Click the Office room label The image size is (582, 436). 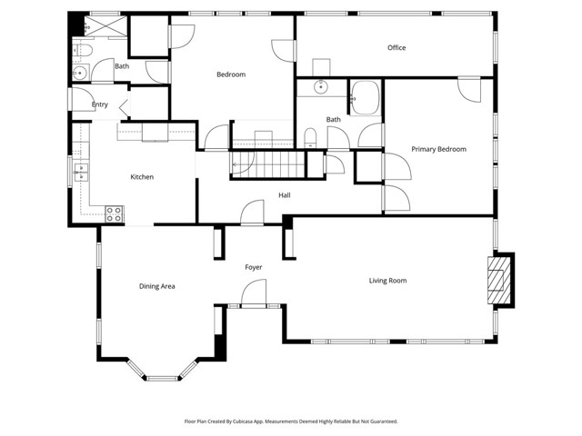(x=396, y=47)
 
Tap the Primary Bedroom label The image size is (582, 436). (x=438, y=149)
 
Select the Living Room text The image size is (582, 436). (x=387, y=281)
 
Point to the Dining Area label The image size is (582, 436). (x=157, y=286)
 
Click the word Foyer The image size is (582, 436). (x=254, y=267)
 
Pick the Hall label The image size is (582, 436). (x=285, y=195)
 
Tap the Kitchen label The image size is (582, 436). (x=142, y=177)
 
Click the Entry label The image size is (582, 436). (x=100, y=104)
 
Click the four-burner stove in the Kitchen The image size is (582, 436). (x=115, y=214)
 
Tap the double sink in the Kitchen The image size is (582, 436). (x=81, y=173)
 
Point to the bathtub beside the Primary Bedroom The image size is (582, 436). (x=366, y=97)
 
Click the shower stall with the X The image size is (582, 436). (x=105, y=25)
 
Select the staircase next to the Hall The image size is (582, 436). (x=268, y=164)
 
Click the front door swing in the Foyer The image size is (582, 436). (x=254, y=292)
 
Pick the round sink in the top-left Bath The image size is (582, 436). (x=79, y=73)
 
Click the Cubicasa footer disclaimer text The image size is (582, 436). (x=291, y=421)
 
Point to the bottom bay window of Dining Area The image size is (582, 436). (x=162, y=379)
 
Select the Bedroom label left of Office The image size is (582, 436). (x=231, y=74)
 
